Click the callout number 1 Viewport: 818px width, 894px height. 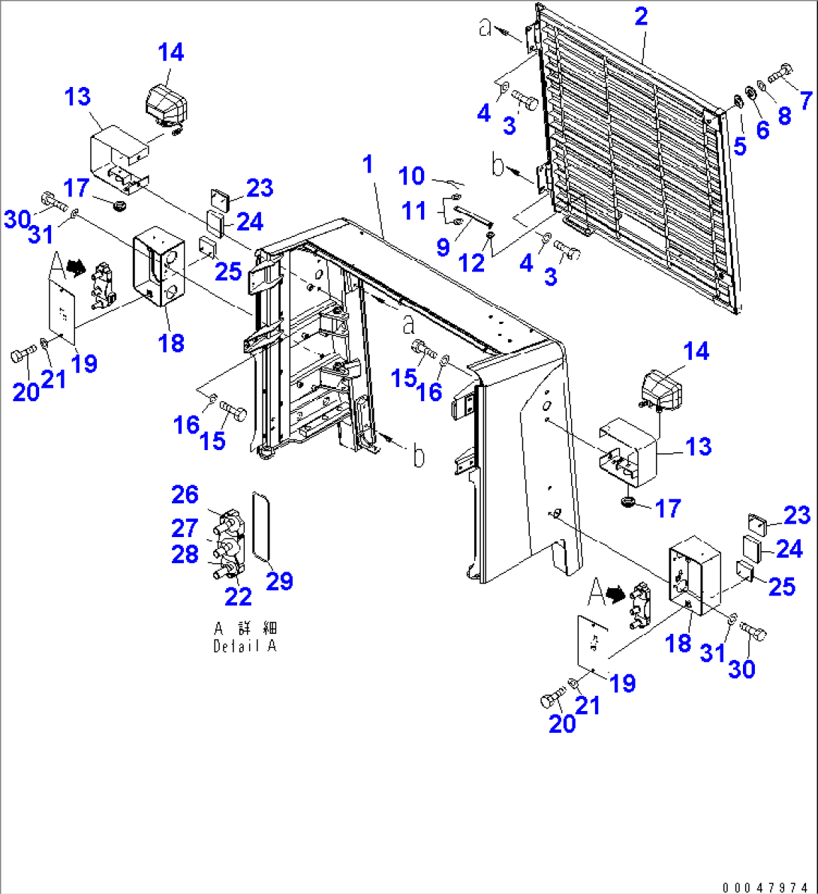368,164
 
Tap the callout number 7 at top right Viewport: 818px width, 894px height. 805,99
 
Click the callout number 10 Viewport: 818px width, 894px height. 411,177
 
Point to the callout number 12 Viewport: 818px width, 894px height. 472,262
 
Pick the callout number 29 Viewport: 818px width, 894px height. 279,580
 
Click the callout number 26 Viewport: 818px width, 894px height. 185,495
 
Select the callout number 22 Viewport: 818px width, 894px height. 238,596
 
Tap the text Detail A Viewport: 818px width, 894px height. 245,646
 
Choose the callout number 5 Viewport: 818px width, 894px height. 740,146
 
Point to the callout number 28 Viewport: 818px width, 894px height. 185,555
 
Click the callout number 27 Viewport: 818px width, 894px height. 185,528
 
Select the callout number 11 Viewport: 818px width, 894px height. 414,211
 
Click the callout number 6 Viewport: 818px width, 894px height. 762,130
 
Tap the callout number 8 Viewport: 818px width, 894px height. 784,115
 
